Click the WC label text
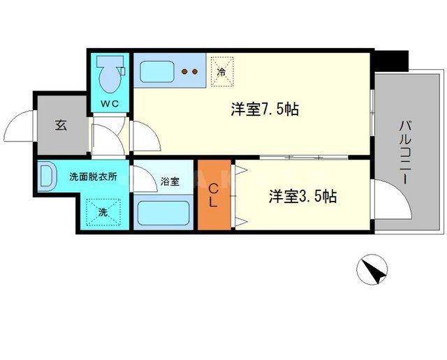coord(110,104)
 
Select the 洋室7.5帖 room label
coord(266,110)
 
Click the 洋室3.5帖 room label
coord(303,197)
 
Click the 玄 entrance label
coord(61,126)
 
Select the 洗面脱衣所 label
coord(92,177)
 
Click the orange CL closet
coord(215,195)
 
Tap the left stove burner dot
coord(185,70)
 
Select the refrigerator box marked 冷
coord(221,70)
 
